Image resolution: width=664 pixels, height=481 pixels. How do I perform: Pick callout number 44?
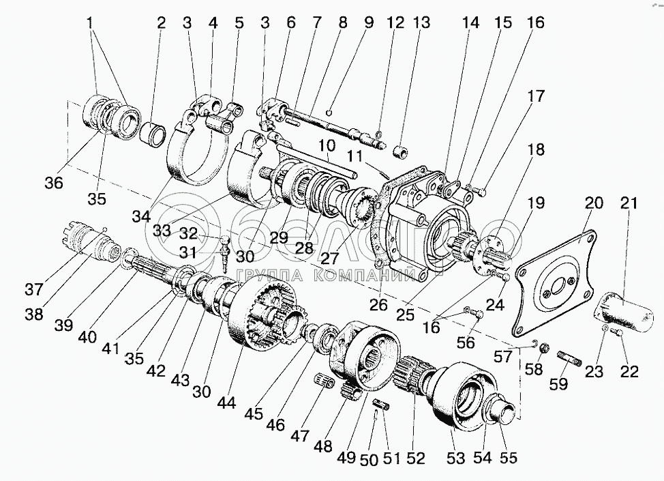click(226, 403)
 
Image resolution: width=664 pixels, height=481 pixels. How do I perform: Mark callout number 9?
click(368, 23)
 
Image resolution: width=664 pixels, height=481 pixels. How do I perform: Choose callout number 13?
click(421, 23)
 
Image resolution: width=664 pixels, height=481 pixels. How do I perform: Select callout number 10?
click(327, 145)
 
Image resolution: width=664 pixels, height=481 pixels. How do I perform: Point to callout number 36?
click(54, 183)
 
